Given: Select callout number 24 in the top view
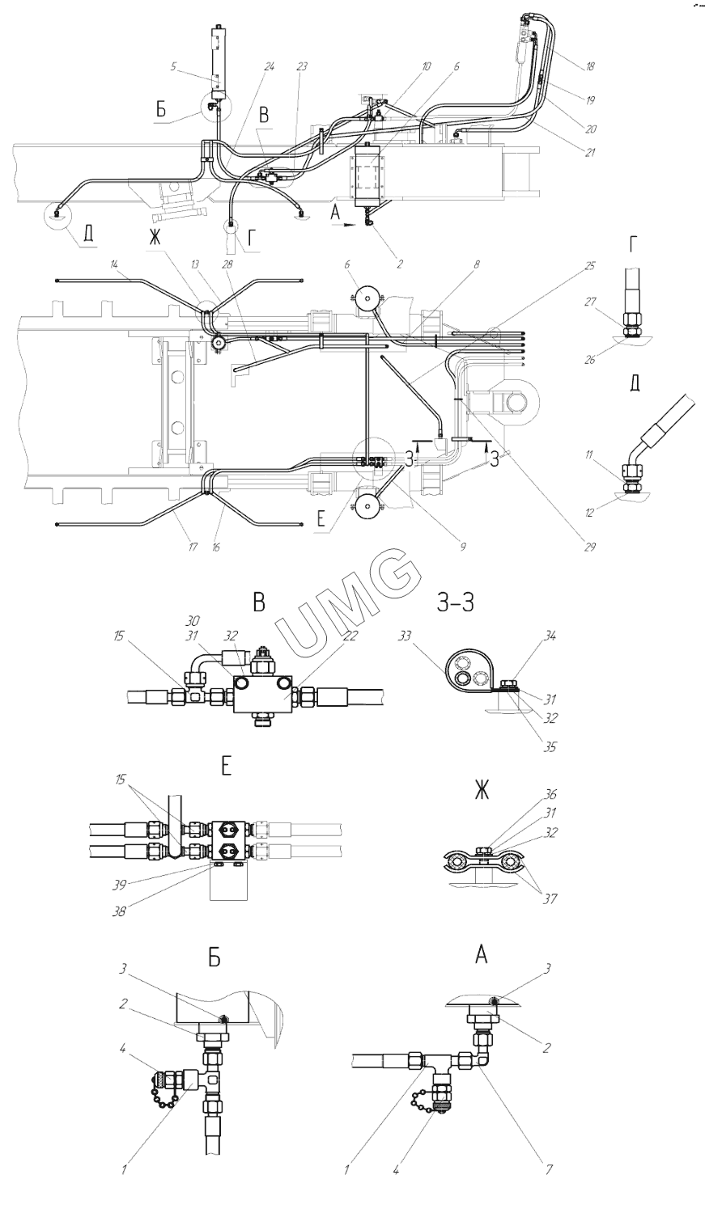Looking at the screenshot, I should pyautogui.click(x=270, y=68).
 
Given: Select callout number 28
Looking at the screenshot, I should pyautogui.click(x=240, y=265).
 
